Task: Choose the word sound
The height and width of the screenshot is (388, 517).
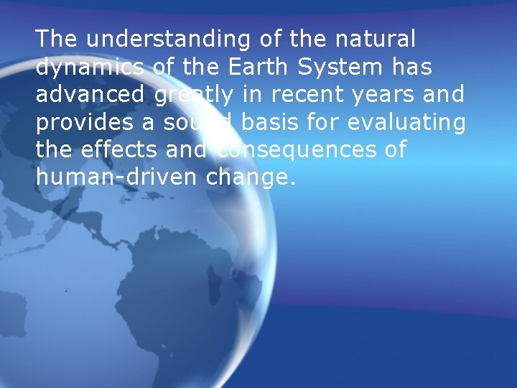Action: pyautogui.click(x=198, y=123)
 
